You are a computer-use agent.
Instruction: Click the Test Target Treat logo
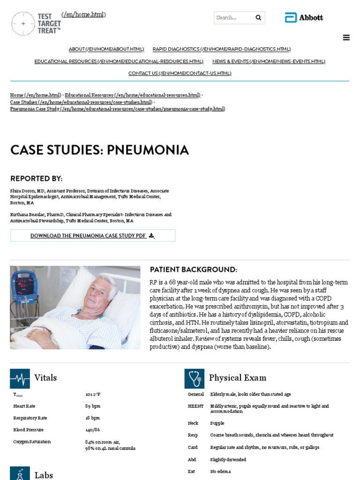36,23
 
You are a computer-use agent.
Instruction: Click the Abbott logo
304,18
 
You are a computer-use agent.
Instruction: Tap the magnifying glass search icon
258,18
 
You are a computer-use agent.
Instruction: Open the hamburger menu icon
346,38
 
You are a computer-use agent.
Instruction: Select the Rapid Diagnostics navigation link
221,49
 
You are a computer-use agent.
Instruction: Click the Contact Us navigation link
180,74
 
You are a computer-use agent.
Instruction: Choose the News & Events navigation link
269,61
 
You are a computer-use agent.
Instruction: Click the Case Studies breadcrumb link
81,102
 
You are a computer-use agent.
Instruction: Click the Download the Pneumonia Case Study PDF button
92,236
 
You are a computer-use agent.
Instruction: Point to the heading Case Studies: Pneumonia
99,150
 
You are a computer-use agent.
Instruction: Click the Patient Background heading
193,270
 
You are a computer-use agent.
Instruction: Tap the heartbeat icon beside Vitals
20,378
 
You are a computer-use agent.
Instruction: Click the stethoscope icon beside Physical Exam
194,378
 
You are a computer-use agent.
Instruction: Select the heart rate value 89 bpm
93,406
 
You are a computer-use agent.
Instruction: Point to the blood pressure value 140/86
92,430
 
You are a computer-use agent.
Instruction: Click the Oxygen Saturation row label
32,442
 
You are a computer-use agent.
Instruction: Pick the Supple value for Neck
217,423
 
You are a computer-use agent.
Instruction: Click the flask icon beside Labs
20,473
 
